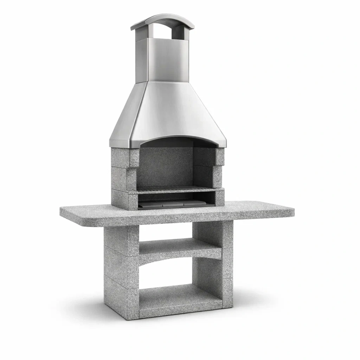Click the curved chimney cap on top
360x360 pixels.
coord(162,20)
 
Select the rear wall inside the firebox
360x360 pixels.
coord(165,165)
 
